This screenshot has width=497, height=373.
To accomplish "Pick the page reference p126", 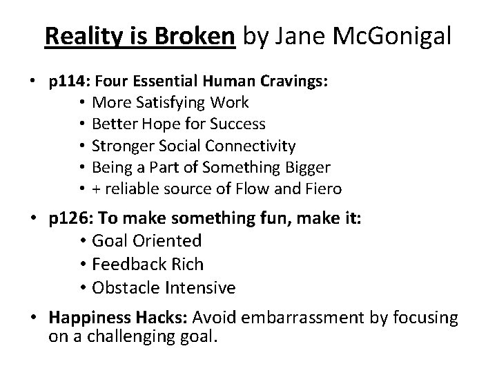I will pyautogui.click(x=67, y=219).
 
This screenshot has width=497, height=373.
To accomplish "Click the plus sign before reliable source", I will pyautogui.click(x=97, y=189).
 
